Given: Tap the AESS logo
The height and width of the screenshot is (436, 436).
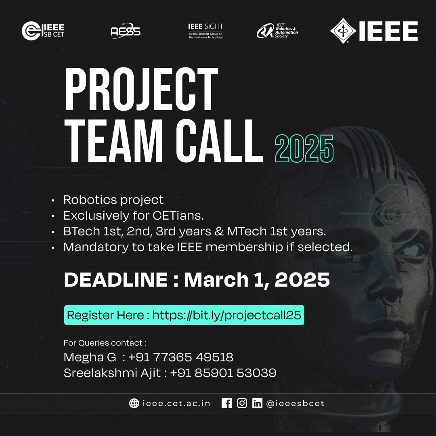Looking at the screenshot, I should click(x=126, y=31).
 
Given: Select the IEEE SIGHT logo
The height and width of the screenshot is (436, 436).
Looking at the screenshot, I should click(x=205, y=31).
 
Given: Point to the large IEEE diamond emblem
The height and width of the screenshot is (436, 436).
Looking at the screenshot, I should click(x=343, y=31).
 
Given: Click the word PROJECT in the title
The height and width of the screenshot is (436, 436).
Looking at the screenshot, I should click(x=141, y=88).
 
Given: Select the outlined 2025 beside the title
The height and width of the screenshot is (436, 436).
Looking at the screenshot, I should click(x=304, y=148).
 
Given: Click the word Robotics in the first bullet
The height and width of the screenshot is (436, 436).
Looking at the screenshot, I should click(x=88, y=200).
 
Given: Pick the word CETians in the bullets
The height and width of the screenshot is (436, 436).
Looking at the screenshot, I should click(x=178, y=216).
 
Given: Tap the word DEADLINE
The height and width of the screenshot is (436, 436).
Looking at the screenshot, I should click(x=115, y=280).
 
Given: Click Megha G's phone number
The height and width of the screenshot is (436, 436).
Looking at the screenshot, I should click(x=180, y=357).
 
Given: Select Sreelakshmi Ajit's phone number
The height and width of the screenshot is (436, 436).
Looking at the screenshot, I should click(x=223, y=373).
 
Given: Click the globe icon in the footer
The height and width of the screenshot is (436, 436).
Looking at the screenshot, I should click(x=134, y=403).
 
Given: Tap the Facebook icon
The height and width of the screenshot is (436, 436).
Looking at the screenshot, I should click(x=227, y=403).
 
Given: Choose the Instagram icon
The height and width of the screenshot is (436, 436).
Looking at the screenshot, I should click(x=242, y=403).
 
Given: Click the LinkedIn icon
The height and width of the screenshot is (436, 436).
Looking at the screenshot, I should click(x=257, y=403).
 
